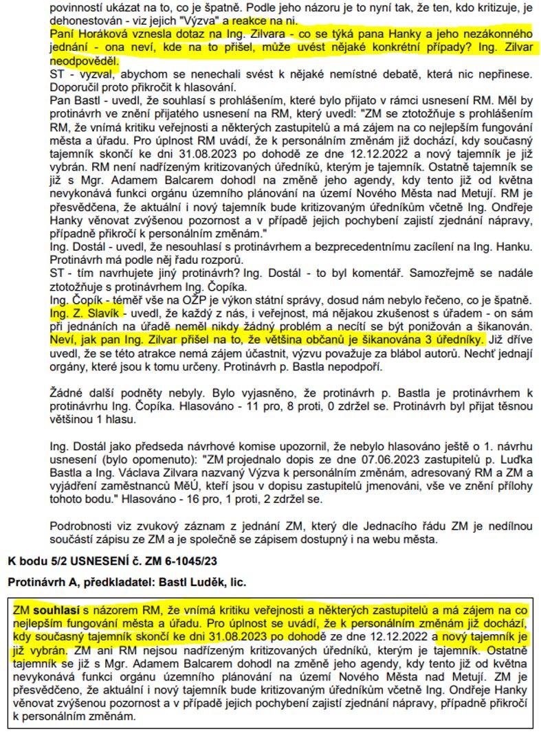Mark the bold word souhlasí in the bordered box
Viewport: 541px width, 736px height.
pyautogui.click(x=56, y=610)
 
